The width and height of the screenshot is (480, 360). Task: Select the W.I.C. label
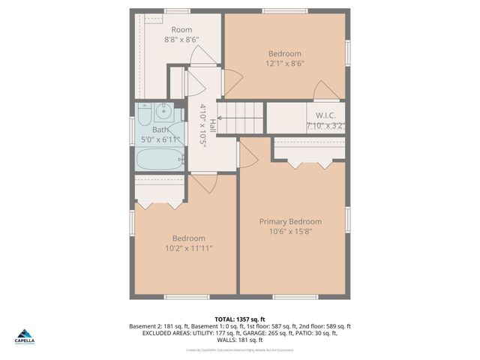[325, 115]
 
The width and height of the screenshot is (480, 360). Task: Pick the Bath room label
[160, 130]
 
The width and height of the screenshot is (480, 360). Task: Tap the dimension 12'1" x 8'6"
[285, 64]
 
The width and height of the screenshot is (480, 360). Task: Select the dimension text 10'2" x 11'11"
[188, 248]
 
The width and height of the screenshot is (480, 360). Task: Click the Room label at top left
[181, 30]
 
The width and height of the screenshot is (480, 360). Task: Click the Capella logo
[25, 337]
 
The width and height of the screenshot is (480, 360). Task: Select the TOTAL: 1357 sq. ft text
[239, 318]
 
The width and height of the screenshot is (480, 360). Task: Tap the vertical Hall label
[213, 125]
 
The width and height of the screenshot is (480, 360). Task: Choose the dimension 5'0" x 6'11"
[160, 139]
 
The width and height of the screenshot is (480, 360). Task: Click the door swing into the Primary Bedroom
[247, 155]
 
